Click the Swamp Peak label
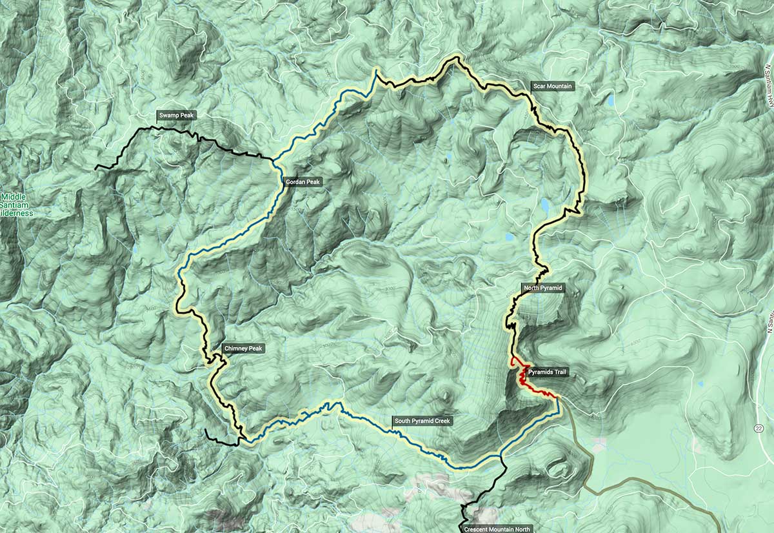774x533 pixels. [177, 116]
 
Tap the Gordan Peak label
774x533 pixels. [303, 183]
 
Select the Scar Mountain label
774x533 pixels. [552, 86]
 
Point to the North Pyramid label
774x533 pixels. [543, 287]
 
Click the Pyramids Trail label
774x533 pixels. [548, 372]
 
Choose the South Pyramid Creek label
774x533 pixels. [423, 421]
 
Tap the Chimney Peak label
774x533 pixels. [243, 348]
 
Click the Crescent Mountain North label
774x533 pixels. [497, 529]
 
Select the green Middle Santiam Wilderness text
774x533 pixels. [17, 205]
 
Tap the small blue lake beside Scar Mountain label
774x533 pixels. [609, 101]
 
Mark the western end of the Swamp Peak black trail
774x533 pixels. [97, 168]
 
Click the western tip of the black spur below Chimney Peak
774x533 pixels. [206, 430]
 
